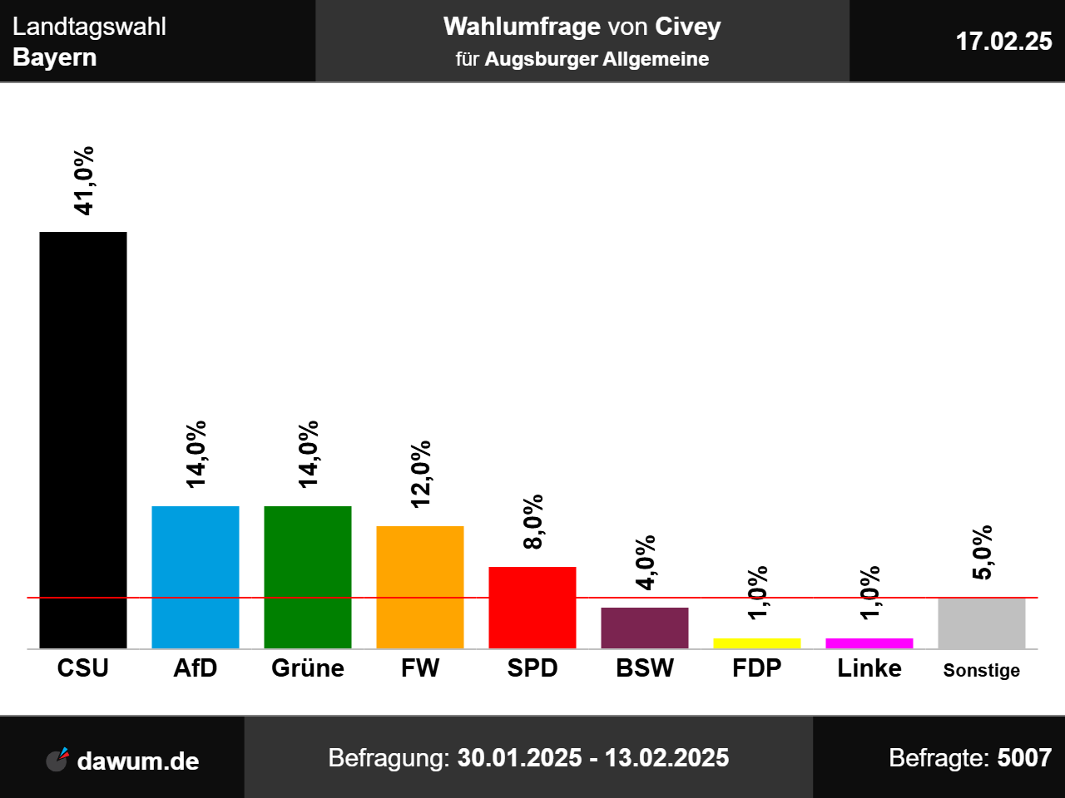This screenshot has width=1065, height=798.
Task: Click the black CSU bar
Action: coord(83,440)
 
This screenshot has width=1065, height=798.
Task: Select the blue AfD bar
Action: coord(196,577)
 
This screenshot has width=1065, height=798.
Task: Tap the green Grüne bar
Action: coord(308,577)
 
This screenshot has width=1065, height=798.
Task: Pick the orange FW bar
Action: coord(420,587)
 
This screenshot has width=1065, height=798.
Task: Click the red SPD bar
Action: coord(532,608)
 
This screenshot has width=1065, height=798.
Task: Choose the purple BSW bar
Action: coord(645,628)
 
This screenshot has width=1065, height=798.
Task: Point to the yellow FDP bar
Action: coord(757,643)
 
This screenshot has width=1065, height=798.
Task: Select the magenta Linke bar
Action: coord(869,643)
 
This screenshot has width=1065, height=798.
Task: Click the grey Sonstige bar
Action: coord(982,623)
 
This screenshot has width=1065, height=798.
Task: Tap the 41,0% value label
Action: coord(84,181)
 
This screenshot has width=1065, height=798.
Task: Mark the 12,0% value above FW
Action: coord(421,474)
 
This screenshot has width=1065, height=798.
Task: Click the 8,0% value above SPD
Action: coord(533,522)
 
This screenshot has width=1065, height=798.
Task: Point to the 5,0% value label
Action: coord(983,553)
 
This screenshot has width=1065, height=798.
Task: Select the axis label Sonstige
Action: coord(982,671)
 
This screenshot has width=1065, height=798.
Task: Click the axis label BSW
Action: coord(645,668)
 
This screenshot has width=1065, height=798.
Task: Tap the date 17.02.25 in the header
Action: coord(1003,41)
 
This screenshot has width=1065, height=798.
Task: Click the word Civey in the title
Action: coord(688,27)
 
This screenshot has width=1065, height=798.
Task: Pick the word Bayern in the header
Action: coord(55,57)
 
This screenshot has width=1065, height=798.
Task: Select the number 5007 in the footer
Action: coord(1024,758)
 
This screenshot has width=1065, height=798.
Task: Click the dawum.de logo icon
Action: coord(57,760)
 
